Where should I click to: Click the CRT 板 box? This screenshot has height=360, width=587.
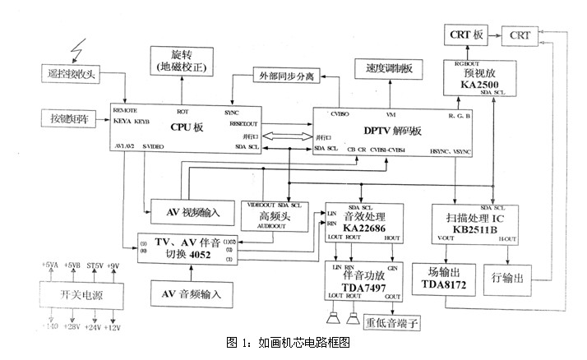tap(467, 35)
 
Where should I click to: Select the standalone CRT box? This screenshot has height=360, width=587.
tap(520, 35)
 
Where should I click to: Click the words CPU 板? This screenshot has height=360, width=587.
tap(188, 127)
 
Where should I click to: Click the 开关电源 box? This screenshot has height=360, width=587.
tap(80, 295)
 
